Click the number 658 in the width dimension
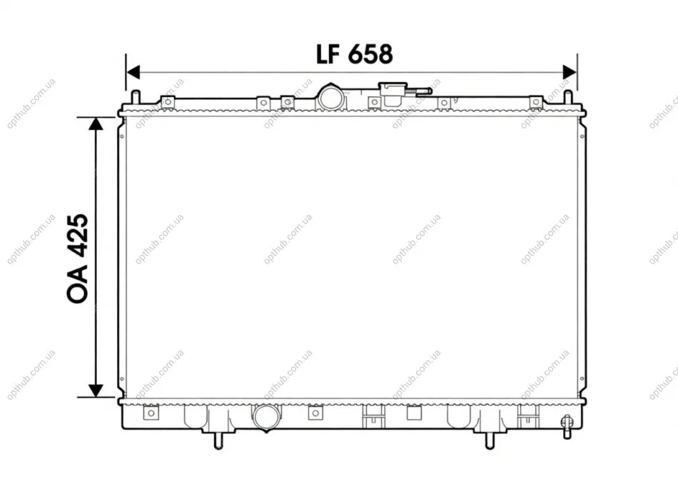point(370,54)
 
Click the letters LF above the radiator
point(328,54)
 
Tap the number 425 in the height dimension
point(78,235)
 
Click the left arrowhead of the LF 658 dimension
point(133,72)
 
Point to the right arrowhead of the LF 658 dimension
point(570,72)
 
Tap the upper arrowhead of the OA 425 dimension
point(96,124)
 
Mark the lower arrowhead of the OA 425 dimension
point(96,390)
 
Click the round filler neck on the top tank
point(332,97)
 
